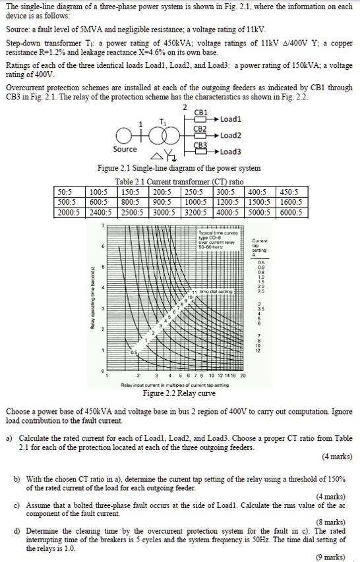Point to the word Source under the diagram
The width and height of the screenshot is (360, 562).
pyautogui.click(x=125, y=149)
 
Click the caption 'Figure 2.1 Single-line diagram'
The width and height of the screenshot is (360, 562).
pyautogui.click(x=179, y=169)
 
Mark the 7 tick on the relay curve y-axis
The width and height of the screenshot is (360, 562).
pyautogui.click(x=103, y=225)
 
